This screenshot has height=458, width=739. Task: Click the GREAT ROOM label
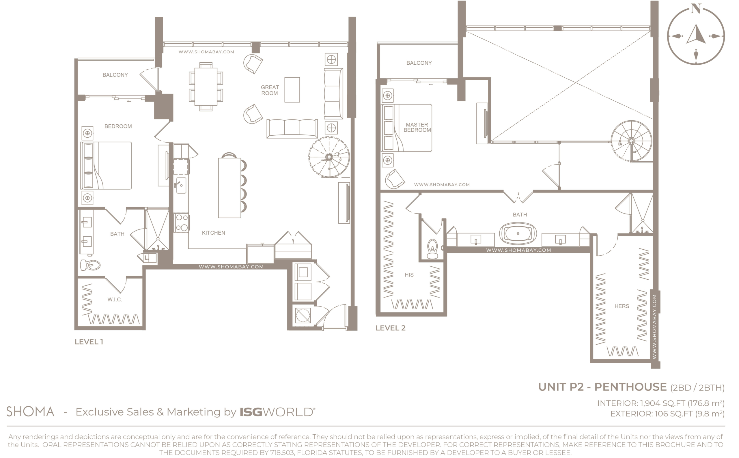pyautogui.click(x=270, y=90)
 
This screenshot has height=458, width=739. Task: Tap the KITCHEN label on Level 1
pyautogui.click(x=213, y=233)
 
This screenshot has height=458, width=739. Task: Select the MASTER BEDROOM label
pyautogui.click(x=417, y=127)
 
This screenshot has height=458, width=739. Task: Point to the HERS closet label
pyautogui.click(x=622, y=306)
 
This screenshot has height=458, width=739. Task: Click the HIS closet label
pyautogui.click(x=409, y=275)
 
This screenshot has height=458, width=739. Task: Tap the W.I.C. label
pyautogui.click(x=115, y=300)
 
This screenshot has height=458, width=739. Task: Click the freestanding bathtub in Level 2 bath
pyautogui.click(x=518, y=233)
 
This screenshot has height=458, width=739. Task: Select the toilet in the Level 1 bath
pyautogui.click(x=90, y=265)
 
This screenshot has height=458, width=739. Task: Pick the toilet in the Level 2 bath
pyautogui.click(x=432, y=249)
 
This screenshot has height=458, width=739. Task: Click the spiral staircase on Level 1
pyautogui.click(x=329, y=157)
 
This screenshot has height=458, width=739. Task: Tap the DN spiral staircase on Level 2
pyautogui.click(x=631, y=141)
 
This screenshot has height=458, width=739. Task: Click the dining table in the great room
pyautogui.click(x=206, y=87)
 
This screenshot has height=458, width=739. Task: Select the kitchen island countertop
pyautogui.click(x=229, y=188)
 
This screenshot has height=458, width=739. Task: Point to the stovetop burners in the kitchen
pyautogui.click(x=182, y=223)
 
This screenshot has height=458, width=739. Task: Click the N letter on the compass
pyautogui.click(x=696, y=8)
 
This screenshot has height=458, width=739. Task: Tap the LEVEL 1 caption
pyautogui.click(x=89, y=342)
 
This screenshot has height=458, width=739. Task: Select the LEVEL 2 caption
pyautogui.click(x=390, y=328)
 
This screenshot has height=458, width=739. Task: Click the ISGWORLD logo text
pyautogui.click(x=277, y=412)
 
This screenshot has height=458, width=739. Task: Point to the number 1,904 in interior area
pyautogui.click(x=650, y=403)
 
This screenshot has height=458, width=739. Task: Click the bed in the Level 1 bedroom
pyautogui.click(x=106, y=166)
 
